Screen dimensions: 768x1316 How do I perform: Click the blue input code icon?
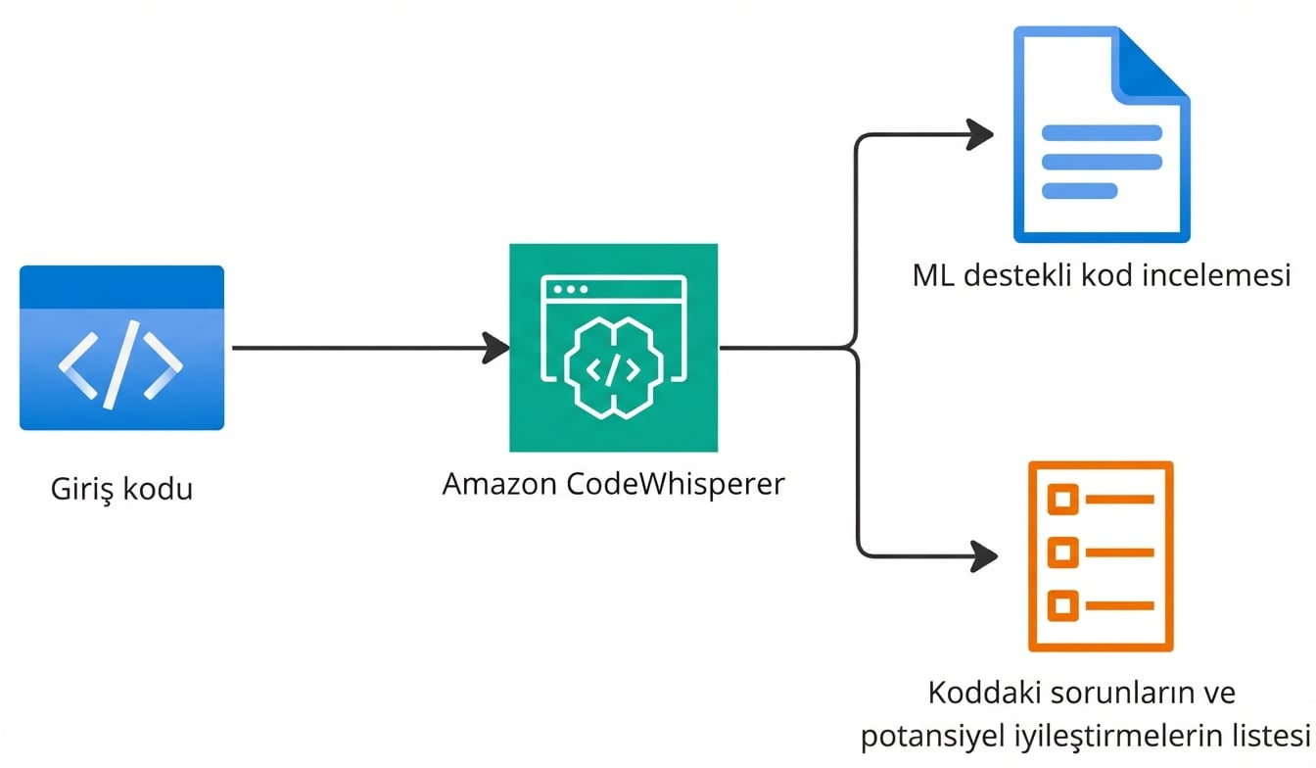pyautogui.click(x=121, y=348)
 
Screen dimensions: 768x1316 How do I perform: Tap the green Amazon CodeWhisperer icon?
pyautogui.click(x=613, y=348)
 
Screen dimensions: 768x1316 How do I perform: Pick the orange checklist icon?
pyautogui.click(x=1101, y=555)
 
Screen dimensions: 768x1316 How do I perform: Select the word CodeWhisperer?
pyautogui.click(x=676, y=484)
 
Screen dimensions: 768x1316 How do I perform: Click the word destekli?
pyautogui.click(x=1018, y=275)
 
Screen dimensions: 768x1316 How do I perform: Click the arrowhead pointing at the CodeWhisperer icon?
pyautogui.click(x=496, y=348)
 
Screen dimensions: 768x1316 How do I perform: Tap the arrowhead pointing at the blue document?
pyautogui.click(x=980, y=134)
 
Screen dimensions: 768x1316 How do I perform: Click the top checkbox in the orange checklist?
pyautogui.click(x=1062, y=501)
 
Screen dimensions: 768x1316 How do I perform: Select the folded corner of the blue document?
pyautogui.click(x=1155, y=65)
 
